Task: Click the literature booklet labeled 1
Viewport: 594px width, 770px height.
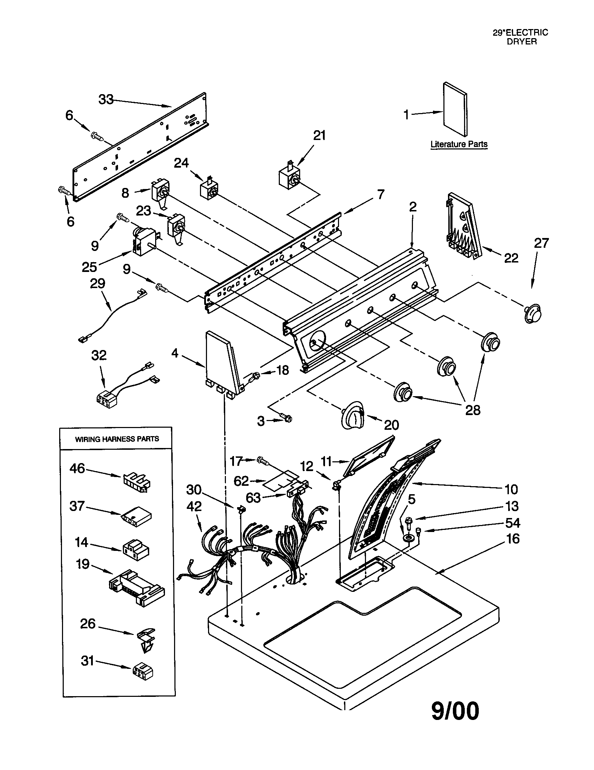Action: tap(455, 109)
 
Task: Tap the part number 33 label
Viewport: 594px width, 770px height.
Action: tap(106, 100)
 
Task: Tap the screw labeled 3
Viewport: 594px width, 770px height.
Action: tap(287, 419)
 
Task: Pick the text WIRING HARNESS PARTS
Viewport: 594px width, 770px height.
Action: tap(117, 439)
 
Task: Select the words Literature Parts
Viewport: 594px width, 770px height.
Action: tap(458, 144)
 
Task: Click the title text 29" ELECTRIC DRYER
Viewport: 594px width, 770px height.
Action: tap(520, 37)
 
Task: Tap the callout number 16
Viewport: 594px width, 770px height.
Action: tap(512, 539)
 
